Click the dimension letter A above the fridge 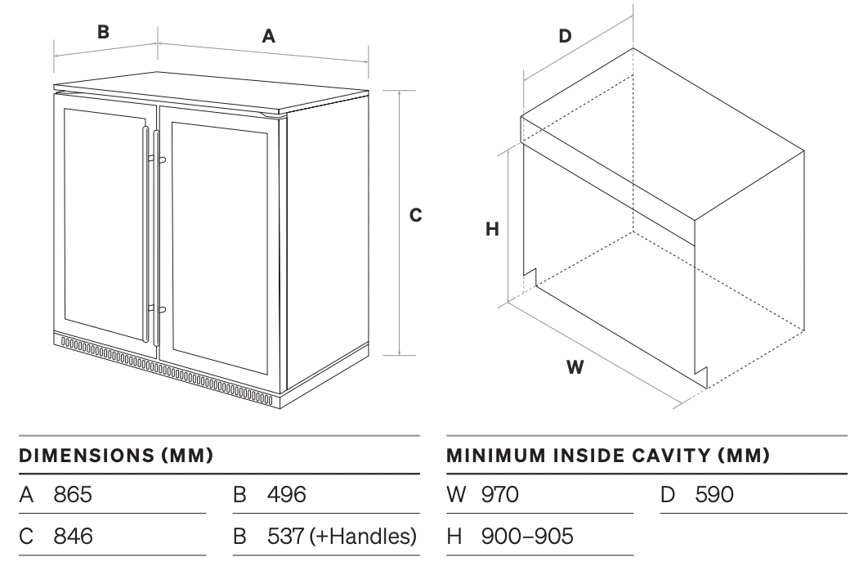click(x=268, y=36)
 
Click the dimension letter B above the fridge click(x=103, y=32)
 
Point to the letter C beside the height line click(x=415, y=215)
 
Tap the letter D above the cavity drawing click(x=565, y=36)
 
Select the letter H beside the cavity click(x=492, y=230)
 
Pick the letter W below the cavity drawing click(x=575, y=367)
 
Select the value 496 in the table click(x=287, y=494)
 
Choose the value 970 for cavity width click(x=500, y=494)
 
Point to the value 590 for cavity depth click(x=714, y=494)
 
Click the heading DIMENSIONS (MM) click(x=116, y=455)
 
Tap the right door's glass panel click(x=219, y=245)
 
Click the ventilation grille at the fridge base click(x=163, y=368)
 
